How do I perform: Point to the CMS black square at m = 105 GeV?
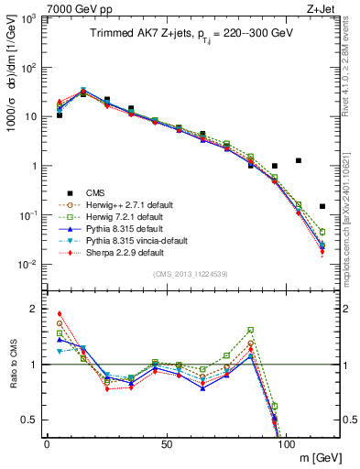299,160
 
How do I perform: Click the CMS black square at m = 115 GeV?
322,206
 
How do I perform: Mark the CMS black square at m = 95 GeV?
275,166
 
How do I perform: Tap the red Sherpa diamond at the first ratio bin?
60,313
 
